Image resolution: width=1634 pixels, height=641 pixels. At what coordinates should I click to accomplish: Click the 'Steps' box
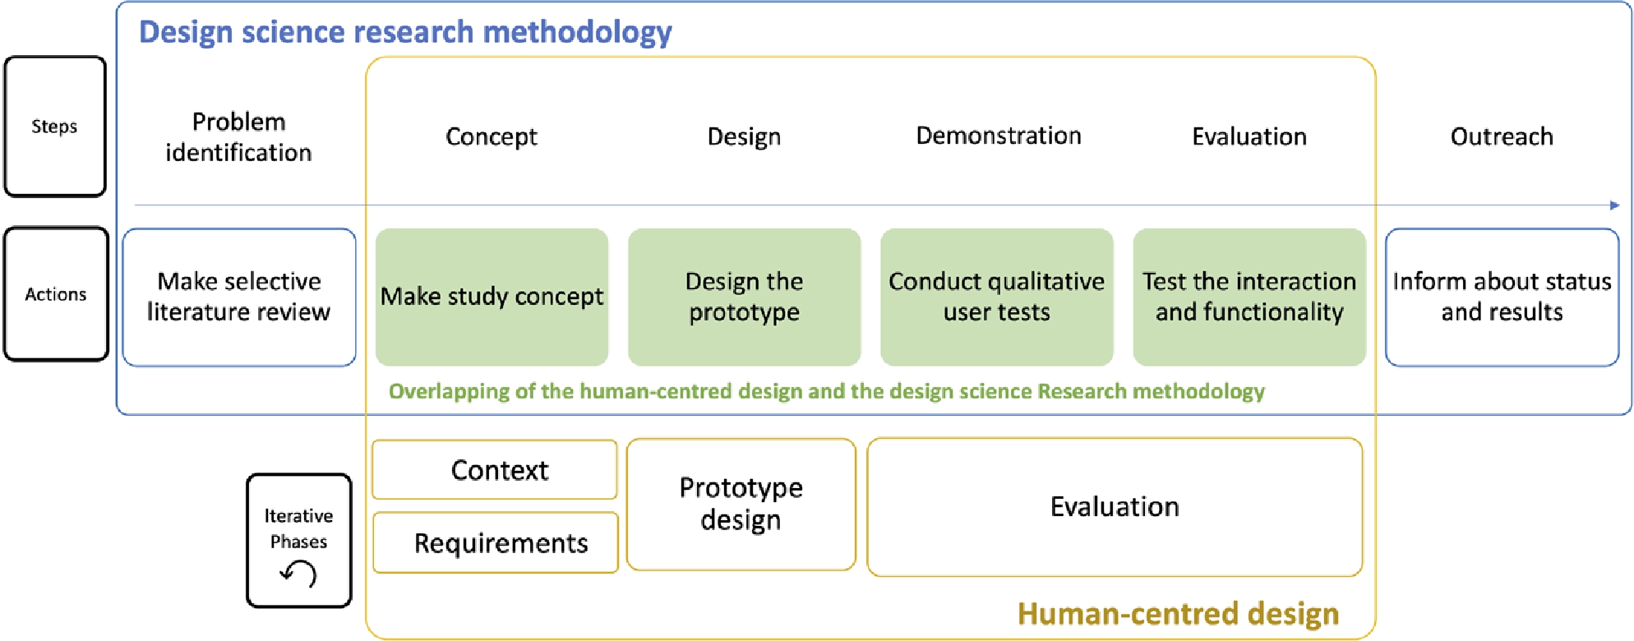pos(55,127)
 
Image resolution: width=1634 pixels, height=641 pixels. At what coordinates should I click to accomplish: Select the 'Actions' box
pos(56,294)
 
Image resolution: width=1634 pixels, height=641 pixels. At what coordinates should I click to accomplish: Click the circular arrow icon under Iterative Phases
pos(298,573)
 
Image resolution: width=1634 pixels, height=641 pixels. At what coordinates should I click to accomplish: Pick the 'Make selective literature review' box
pos(239,297)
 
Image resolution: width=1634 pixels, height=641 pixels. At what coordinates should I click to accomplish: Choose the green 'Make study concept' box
pos(492,297)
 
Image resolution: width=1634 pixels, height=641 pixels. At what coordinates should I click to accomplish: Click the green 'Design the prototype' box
pos(744,297)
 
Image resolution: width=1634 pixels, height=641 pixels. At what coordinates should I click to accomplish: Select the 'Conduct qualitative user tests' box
pos(996,297)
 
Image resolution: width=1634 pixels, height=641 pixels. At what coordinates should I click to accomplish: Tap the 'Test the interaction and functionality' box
pos(1249,297)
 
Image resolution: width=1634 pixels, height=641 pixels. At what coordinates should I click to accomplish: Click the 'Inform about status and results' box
pos(1502,297)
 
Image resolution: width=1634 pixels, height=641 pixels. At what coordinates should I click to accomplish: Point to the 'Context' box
pos(495,470)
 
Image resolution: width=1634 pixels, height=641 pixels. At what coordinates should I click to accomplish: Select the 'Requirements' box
pos(496,543)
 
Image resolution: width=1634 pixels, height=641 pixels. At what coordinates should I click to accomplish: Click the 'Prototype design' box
pos(741,504)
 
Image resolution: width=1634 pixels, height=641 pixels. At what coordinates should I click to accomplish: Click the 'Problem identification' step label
pos(239,137)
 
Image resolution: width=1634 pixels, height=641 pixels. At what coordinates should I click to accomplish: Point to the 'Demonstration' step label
pos(999,136)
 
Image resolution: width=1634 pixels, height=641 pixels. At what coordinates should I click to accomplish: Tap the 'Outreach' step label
pos(1502,136)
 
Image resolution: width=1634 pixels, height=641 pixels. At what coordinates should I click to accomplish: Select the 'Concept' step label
pos(492,136)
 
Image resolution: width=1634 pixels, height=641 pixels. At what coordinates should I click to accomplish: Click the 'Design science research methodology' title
pos(405,32)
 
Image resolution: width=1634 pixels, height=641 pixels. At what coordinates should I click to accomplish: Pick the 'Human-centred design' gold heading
pos(1178,614)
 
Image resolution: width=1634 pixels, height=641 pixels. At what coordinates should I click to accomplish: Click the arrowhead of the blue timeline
pos(1614,205)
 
